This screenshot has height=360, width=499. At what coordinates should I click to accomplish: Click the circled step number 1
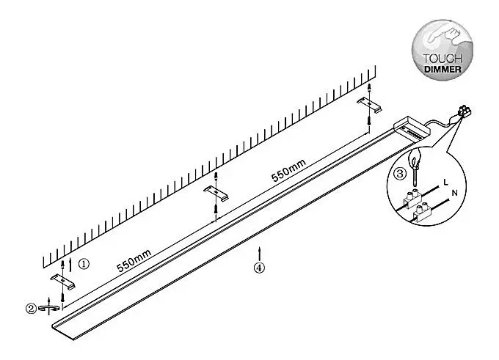pyautogui.click(x=84, y=264)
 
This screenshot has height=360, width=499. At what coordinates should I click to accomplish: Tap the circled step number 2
pyautogui.click(x=31, y=309)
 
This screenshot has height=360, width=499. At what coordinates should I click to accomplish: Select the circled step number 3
pyautogui.click(x=400, y=174)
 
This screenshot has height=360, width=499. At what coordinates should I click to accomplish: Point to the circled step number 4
pyautogui.click(x=259, y=268)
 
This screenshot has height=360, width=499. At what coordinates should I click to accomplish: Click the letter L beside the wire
pyautogui.click(x=446, y=183)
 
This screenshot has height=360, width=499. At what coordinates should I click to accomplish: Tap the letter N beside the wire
pyautogui.click(x=455, y=193)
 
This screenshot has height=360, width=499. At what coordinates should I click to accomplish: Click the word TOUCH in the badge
pyautogui.click(x=442, y=59)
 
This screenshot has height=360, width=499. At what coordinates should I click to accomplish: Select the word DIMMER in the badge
pyautogui.click(x=442, y=69)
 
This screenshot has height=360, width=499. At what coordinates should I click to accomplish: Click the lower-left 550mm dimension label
pyautogui.click(x=134, y=261)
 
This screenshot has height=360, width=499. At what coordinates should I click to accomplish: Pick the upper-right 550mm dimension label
pyautogui.click(x=288, y=170)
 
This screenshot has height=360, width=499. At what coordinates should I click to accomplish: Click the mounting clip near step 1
pyautogui.click(x=63, y=281)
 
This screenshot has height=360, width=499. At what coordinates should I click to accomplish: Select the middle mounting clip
pyautogui.click(x=216, y=193)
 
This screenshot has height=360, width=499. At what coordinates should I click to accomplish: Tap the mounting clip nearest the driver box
pyautogui.click(x=369, y=105)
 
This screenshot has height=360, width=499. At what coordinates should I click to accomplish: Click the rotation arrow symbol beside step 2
pyautogui.click(x=48, y=308)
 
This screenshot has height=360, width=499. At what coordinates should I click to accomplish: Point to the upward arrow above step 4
pyautogui.click(x=260, y=254)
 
